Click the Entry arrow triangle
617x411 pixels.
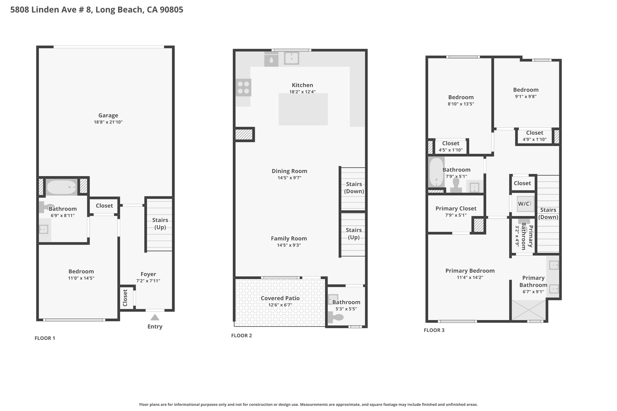pos(155,317)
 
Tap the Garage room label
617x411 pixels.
pos(108,115)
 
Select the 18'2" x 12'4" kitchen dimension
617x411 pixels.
pos(302,92)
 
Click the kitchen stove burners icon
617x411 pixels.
pos(243,87)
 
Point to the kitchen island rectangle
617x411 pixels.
pos(303,109)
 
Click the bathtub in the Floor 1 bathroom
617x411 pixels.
pos(62,187)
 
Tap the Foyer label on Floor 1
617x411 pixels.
pos(148,274)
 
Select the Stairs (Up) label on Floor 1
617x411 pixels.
pos(160,223)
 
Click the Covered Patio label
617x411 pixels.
pos(280,298)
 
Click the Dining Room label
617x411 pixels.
pos(290,171)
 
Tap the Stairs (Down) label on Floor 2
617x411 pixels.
pos(354,188)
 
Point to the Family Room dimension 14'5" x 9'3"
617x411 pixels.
pos(289,245)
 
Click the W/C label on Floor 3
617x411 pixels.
pos(524,204)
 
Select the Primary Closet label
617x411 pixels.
pos(456,208)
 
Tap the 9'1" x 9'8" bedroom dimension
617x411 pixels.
pos(526,97)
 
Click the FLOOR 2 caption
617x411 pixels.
pos(241,335)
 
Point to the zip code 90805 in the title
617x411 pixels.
pos(171,10)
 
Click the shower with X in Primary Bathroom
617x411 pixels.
pos(529,310)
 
